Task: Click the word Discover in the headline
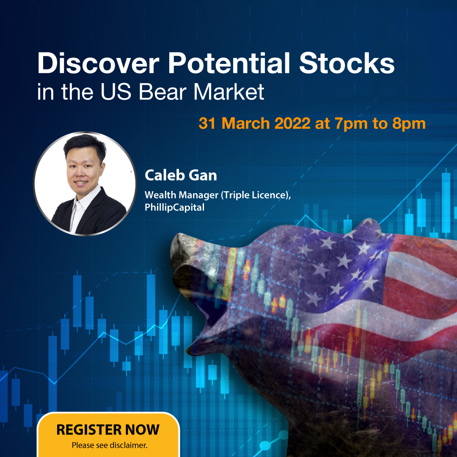[x=99, y=63]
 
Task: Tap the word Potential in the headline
[x=229, y=63]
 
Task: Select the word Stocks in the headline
[x=347, y=63]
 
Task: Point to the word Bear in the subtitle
[x=162, y=92]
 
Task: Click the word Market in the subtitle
[x=229, y=92]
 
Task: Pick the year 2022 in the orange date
[x=292, y=123]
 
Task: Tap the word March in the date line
[x=245, y=123]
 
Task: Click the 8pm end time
[x=409, y=124]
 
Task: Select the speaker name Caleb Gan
[x=181, y=176]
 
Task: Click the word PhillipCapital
[x=175, y=207]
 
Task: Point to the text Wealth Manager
[x=181, y=195]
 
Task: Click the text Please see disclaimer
[x=110, y=445]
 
